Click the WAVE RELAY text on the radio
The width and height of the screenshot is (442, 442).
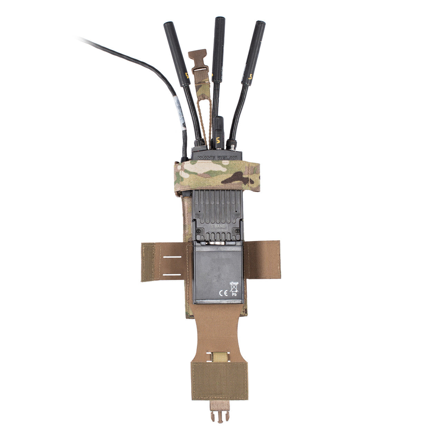tap(217, 157)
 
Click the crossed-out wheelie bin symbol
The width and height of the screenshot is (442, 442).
tap(234, 287)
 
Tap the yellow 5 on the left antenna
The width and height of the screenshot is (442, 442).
tap(188, 75)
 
